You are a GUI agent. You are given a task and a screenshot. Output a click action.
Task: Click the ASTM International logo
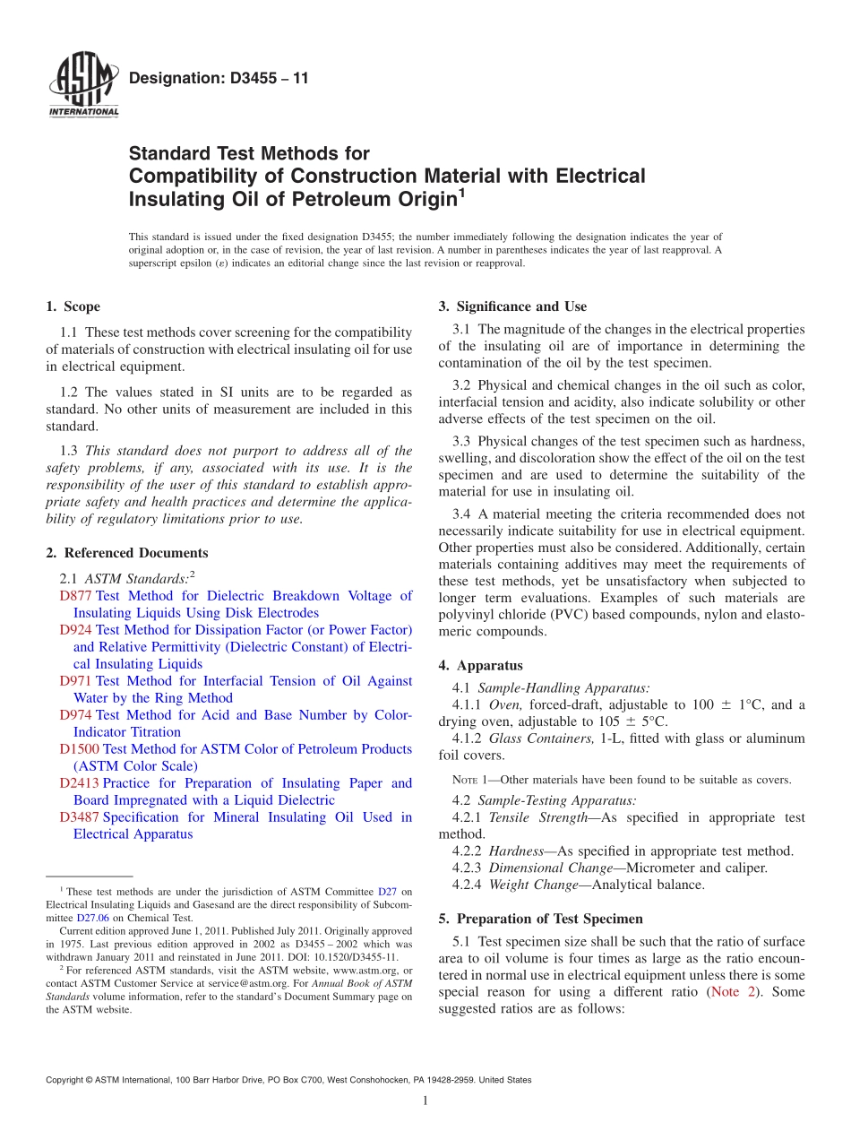tap(82, 86)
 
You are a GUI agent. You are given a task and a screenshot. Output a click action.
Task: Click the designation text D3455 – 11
tap(219, 78)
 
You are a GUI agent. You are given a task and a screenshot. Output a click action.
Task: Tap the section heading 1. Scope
tap(73, 307)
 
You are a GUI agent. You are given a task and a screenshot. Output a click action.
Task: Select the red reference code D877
tap(75, 596)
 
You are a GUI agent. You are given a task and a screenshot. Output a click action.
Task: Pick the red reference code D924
tap(75, 630)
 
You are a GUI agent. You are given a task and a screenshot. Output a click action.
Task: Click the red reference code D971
tap(75, 681)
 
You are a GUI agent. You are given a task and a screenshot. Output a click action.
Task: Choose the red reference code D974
tap(75, 715)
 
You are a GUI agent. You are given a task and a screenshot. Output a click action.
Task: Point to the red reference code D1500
tap(79, 749)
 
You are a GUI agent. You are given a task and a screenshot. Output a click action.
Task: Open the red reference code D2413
tap(79, 783)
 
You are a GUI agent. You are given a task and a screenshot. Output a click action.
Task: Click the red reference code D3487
tap(79, 817)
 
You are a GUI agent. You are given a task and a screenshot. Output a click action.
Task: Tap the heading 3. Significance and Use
tap(512, 307)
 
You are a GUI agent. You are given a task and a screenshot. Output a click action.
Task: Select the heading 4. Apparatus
tap(480, 665)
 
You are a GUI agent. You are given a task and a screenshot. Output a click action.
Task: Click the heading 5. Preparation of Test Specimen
tap(540, 919)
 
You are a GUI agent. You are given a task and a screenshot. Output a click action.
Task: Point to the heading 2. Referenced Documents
tap(126, 553)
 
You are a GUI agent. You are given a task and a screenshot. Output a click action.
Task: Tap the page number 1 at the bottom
tap(425, 1101)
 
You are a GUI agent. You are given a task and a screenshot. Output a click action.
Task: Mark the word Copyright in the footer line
tap(64, 1080)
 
